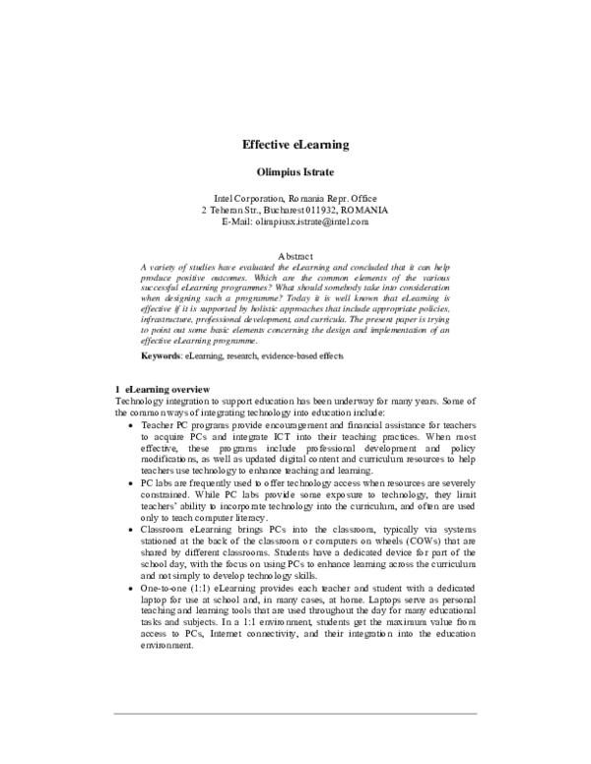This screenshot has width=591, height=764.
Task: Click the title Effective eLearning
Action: pyautogui.click(x=295, y=145)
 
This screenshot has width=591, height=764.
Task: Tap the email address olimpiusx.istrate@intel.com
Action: pyautogui.click(x=316, y=223)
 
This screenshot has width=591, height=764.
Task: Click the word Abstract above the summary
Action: pyautogui.click(x=295, y=255)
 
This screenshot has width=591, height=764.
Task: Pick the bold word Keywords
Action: pyautogui.click(x=161, y=353)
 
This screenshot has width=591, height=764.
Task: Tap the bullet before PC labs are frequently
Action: pyautogui.click(x=133, y=484)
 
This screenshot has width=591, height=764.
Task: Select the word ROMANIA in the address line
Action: pyautogui.click(x=361, y=211)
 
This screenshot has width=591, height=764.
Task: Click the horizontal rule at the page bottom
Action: pyautogui.click(x=295, y=713)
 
